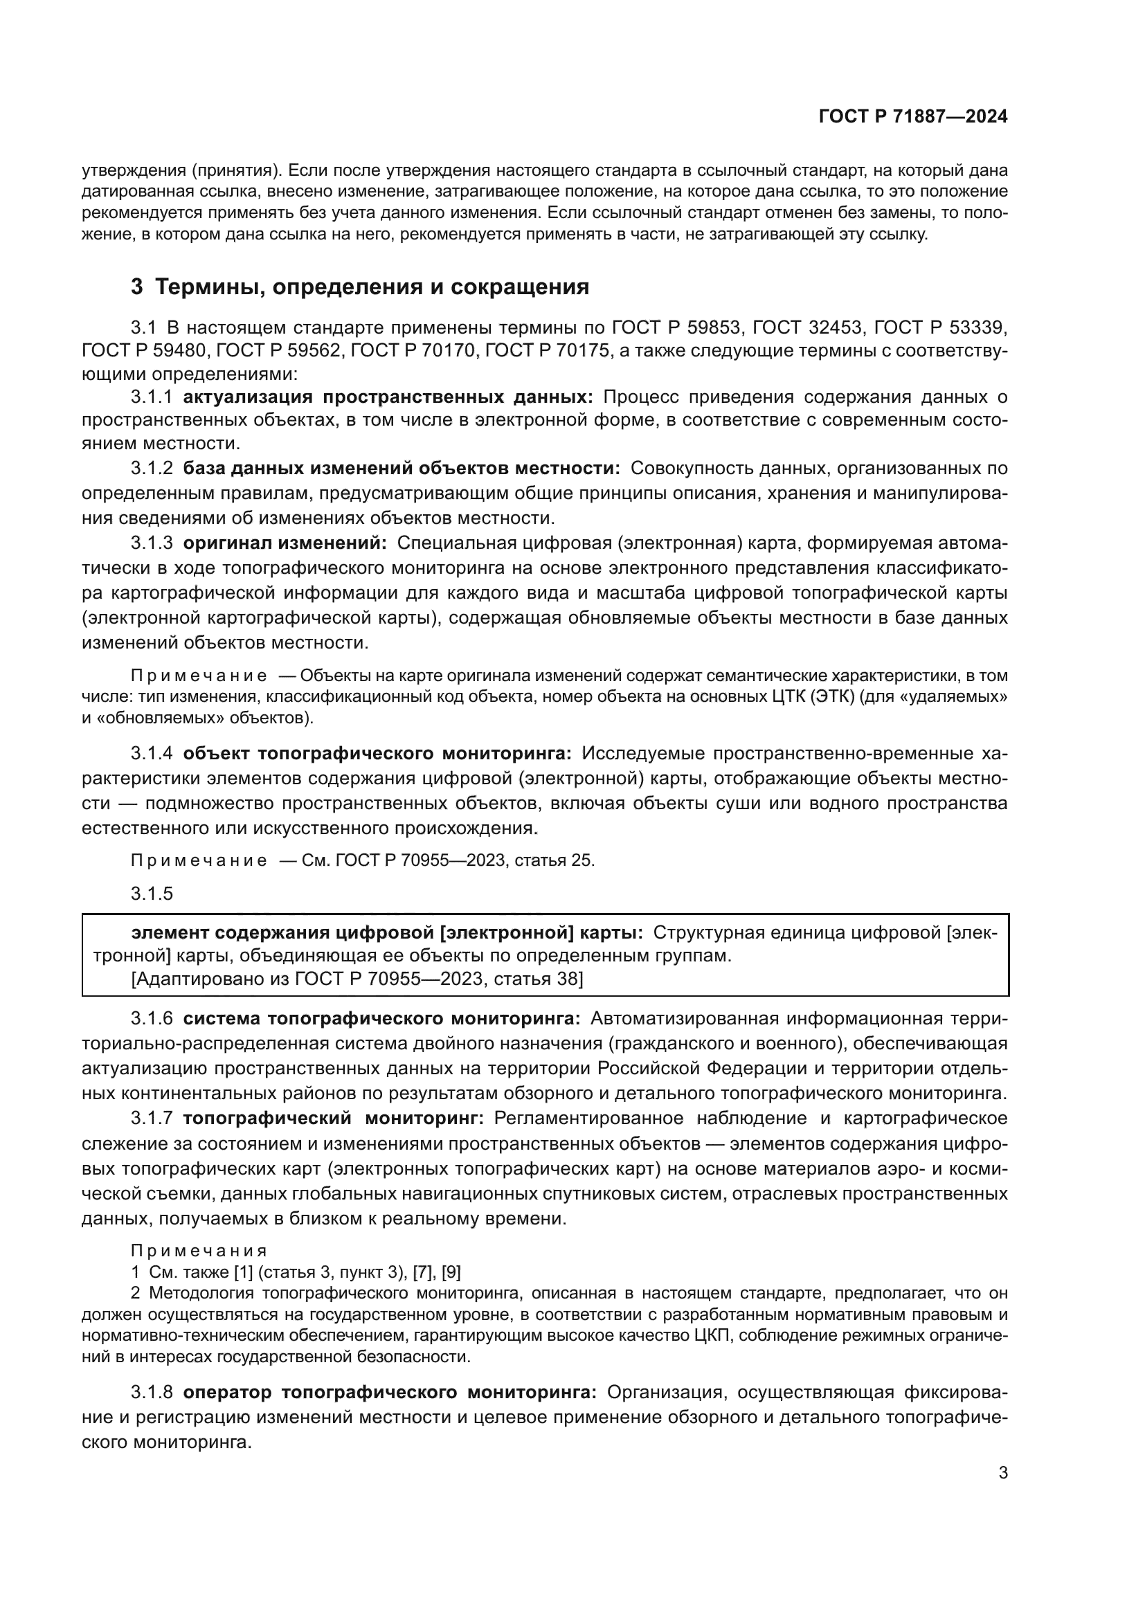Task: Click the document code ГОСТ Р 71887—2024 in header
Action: coord(912,117)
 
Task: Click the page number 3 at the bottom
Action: coord(1002,1473)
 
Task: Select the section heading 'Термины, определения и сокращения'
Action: coord(372,287)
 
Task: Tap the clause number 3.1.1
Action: coord(151,397)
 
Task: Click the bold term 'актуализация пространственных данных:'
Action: coord(388,397)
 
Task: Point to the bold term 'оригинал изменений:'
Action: coord(285,543)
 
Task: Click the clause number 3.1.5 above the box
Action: coord(151,894)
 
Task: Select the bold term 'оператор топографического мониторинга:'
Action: coord(390,1393)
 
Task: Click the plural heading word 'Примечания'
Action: coord(199,1251)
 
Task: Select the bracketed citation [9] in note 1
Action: coord(451,1272)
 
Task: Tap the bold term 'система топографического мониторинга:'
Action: coord(381,1019)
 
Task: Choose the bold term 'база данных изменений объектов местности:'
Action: coord(402,468)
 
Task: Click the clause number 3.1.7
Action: coord(151,1119)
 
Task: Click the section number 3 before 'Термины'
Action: coord(137,287)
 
